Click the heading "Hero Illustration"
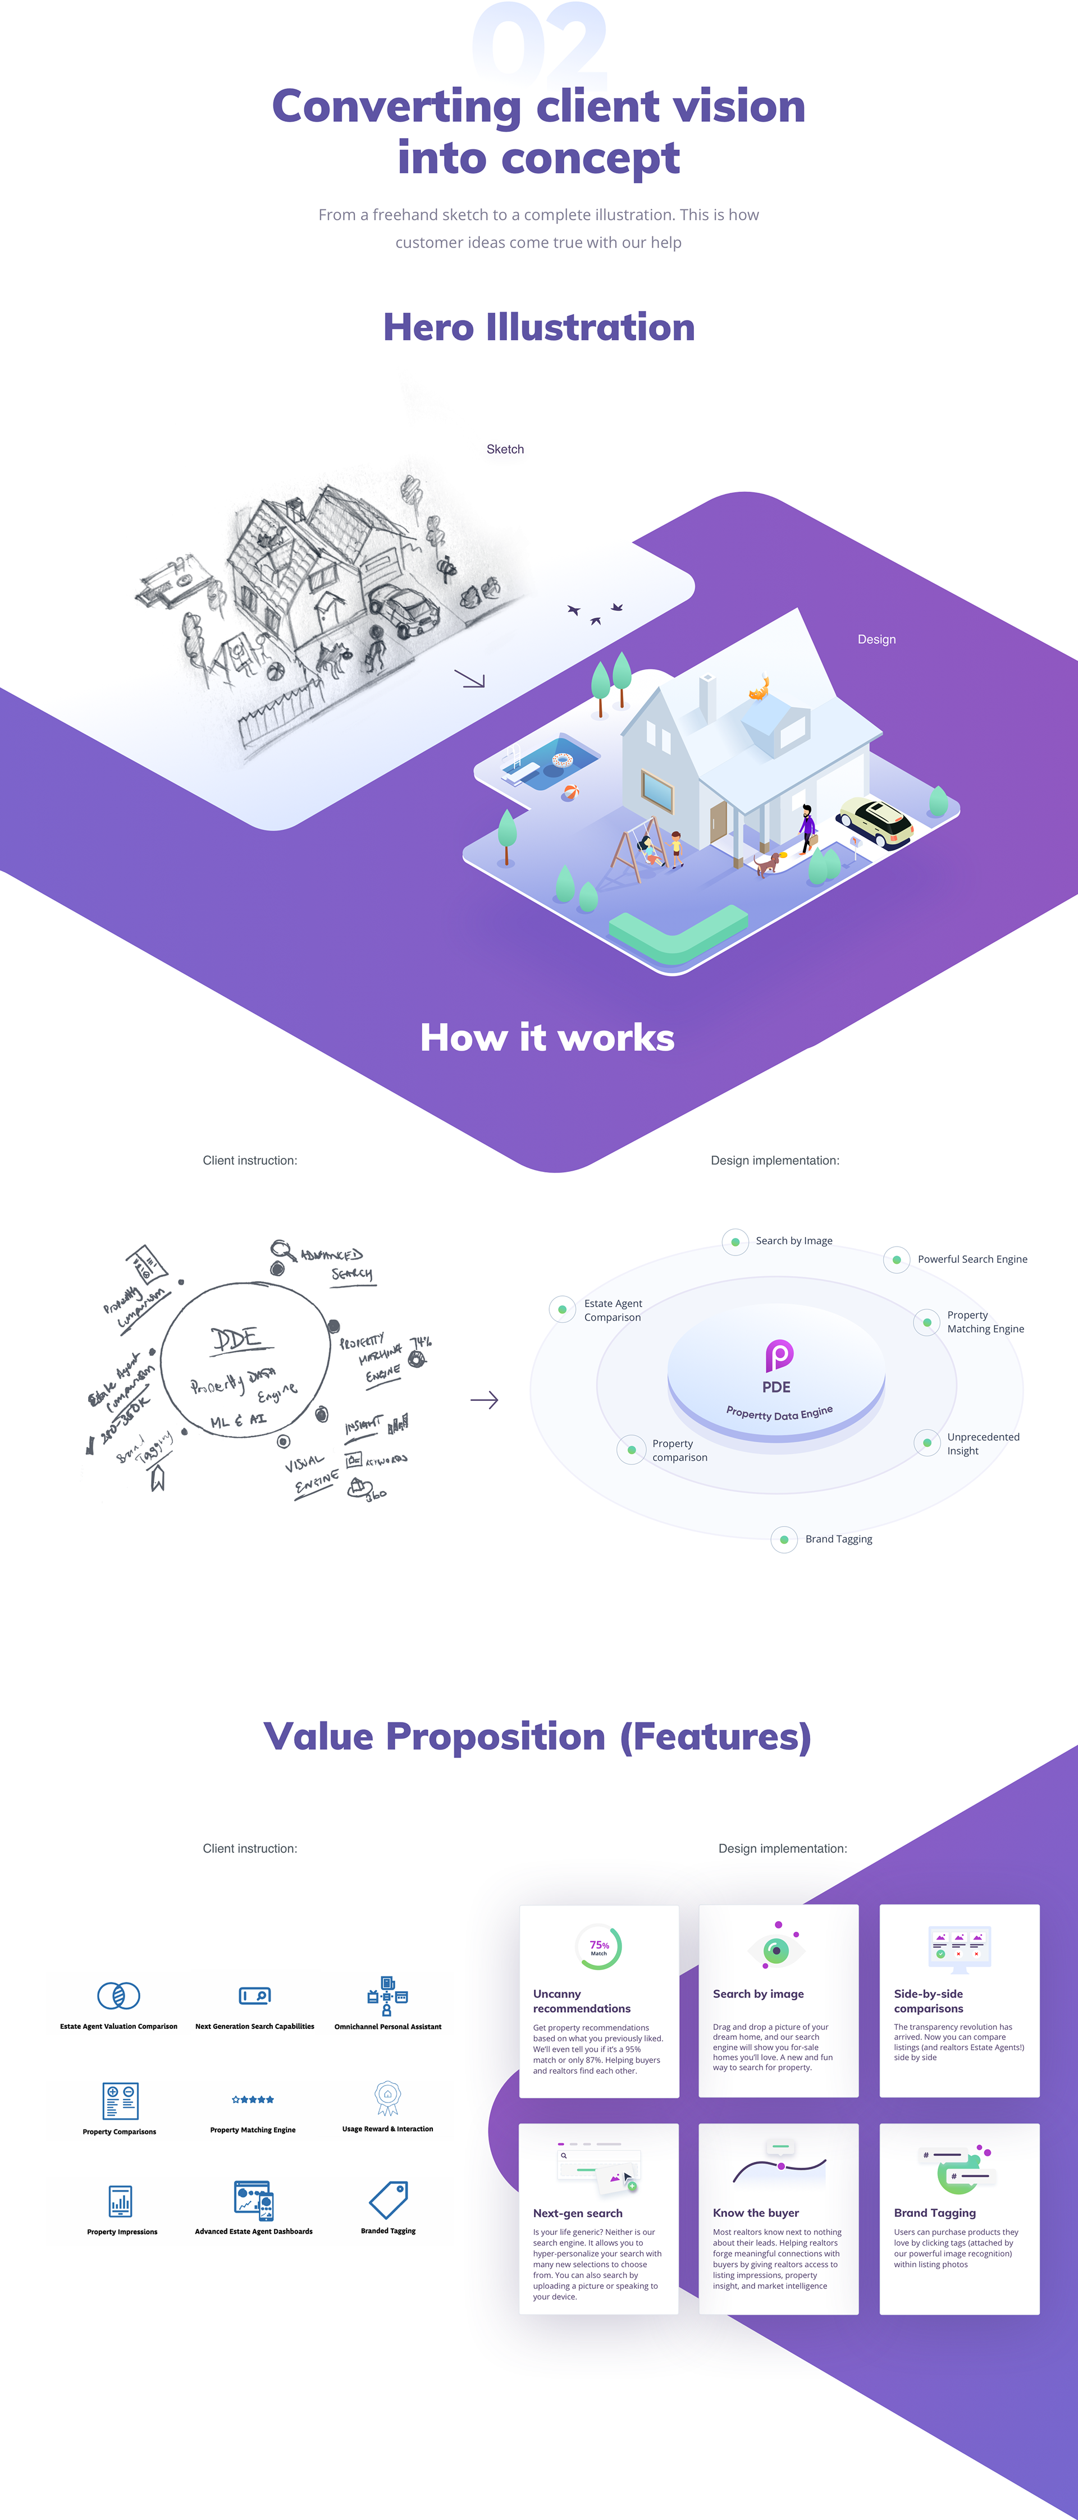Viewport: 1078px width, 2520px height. (x=539, y=327)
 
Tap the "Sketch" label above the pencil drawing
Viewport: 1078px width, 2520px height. (x=505, y=449)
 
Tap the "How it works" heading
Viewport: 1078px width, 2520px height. (x=547, y=1037)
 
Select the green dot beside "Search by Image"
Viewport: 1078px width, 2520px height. (x=736, y=1241)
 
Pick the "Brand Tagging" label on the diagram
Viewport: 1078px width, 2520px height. (x=838, y=1539)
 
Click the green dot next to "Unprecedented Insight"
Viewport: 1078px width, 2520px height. (x=926, y=1443)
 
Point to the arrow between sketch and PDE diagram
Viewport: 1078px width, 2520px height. (x=484, y=1400)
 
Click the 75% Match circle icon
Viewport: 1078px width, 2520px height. (x=599, y=1947)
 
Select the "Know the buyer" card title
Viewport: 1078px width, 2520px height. (x=755, y=2213)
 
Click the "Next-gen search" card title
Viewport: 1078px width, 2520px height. (x=577, y=2213)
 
